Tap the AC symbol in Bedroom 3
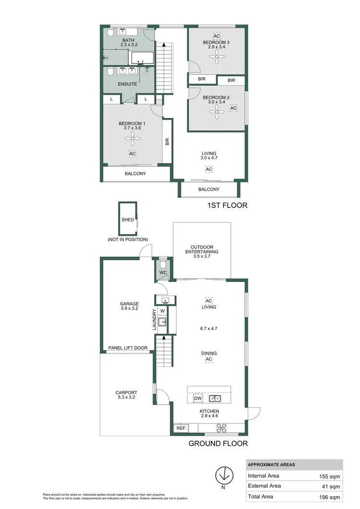click(x=216, y=36)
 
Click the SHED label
click(x=128, y=220)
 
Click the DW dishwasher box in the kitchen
click(x=198, y=399)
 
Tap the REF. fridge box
click(x=181, y=428)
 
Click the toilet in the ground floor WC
click(x=162, y=265)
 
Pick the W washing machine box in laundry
click(x=162, y=311)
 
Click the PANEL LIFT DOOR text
click(x=127, y=348)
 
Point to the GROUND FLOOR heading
click(x=218, y=444)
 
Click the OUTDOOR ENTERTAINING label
click(x=202, y=251)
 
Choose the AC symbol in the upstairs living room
click(x=209, y=170)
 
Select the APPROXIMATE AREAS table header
click(x=271, y=465)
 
